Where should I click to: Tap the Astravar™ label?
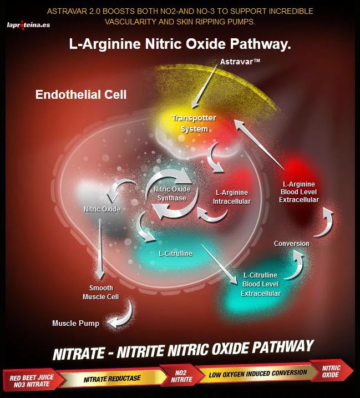click(240, 61)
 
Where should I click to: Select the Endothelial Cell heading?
click(81, 95)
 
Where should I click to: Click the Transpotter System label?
click(194, 123)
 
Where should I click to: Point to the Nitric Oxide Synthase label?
click(172, 193)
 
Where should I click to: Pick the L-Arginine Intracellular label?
click(232, 197)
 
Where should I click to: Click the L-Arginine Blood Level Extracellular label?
click(299, 192)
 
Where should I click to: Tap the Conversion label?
click(292, 243)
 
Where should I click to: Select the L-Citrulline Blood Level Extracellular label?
click(261, 284)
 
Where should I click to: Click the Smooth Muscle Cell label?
click(101, 292)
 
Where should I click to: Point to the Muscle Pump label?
click(76, 323)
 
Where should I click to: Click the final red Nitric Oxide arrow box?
click(332, 371)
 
